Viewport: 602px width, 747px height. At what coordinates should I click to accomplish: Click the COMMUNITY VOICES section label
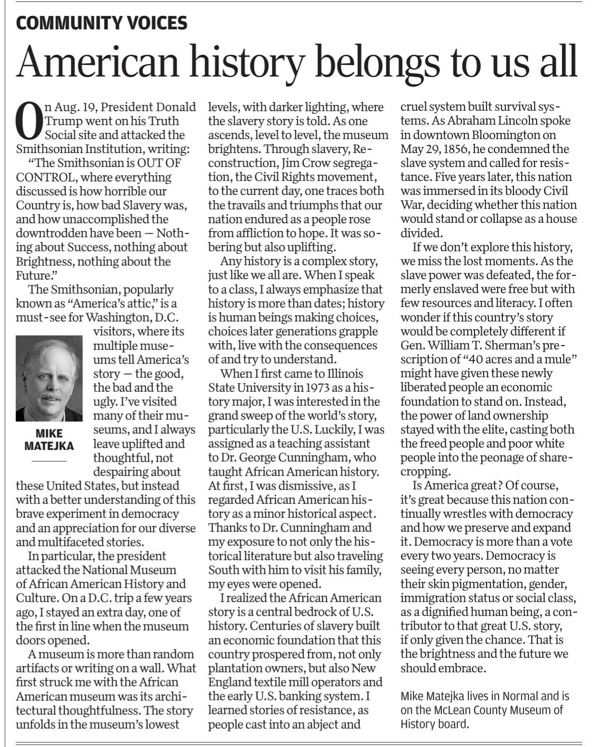102,23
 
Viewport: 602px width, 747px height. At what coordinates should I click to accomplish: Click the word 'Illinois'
345,373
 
